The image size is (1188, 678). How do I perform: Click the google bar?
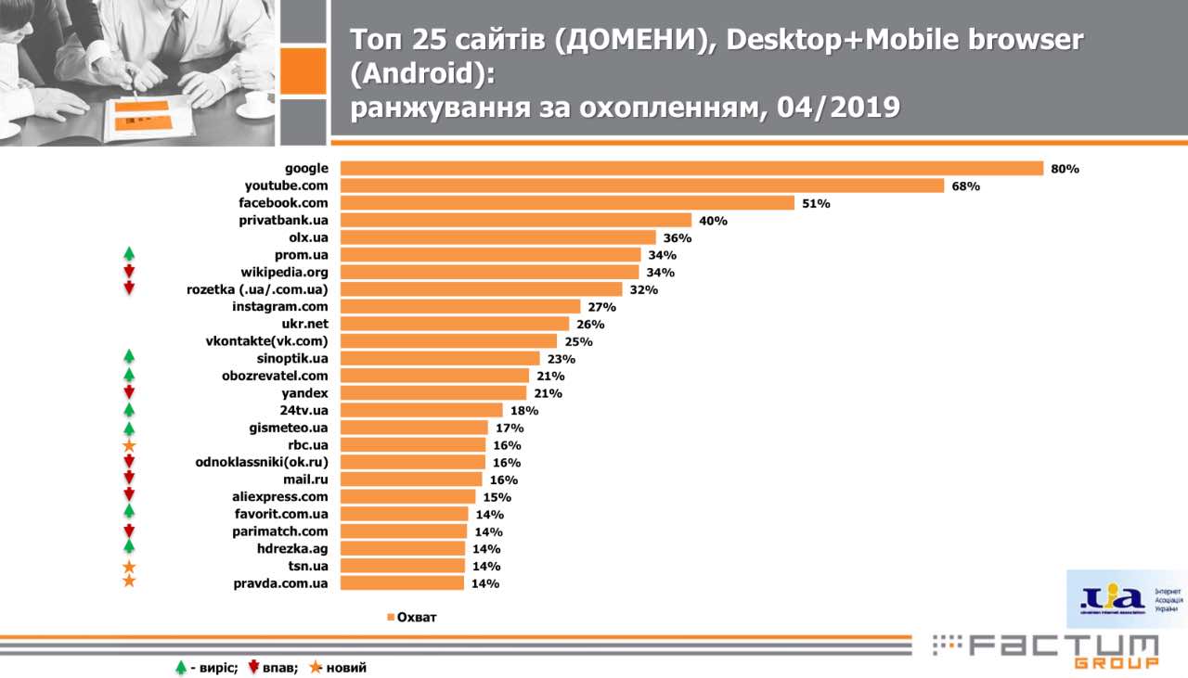pos(691,169)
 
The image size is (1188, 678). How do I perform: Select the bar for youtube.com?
pos(641,185)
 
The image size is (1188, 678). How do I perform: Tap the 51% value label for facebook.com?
pos(816,203)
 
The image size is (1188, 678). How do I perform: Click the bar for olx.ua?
pos(497,237)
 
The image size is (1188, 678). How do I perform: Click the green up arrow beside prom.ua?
pos(130,253)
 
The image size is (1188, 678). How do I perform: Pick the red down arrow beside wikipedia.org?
pos(130,271)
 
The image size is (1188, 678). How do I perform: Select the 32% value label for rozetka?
pos(643,289)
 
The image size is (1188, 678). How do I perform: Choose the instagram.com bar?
pos(460,306)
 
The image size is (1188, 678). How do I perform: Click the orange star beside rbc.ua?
pos(130,446)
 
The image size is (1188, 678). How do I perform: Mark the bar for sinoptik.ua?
pos(440,358)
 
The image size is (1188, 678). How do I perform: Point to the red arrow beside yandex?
pos(130,392)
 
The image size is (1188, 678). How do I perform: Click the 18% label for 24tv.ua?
pos(523,411)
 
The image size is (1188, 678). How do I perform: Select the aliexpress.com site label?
pos(279,496)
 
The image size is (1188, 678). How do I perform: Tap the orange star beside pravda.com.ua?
pos(130,582)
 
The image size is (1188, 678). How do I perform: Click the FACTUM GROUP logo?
pos(1045,649)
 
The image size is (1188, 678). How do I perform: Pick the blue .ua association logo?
pos(1111,598)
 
